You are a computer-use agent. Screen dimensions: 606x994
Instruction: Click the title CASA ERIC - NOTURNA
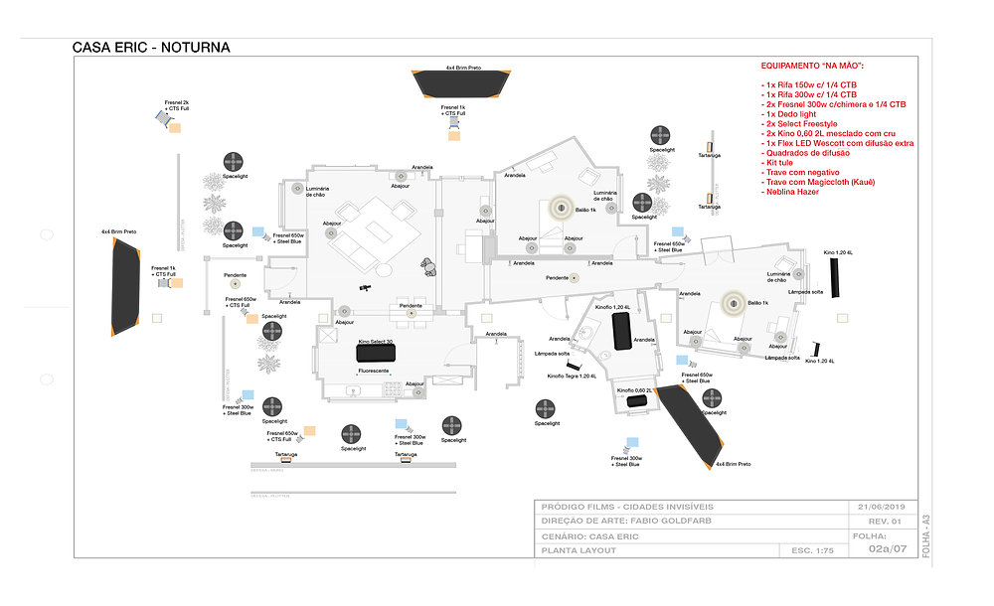coord(151,47)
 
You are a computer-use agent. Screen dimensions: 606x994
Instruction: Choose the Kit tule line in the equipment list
coord(780,162)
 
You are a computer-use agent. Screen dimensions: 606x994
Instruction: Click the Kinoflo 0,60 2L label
coord(634,390)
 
